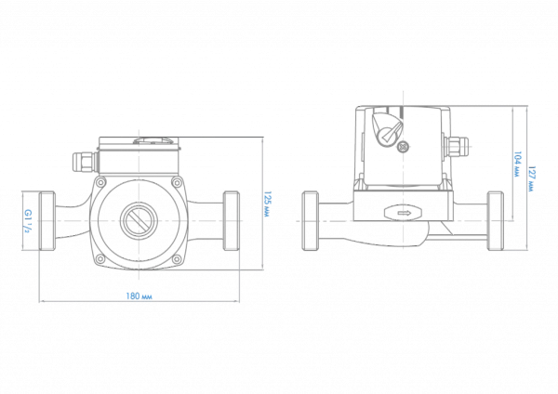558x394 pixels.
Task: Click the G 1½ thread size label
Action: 28,221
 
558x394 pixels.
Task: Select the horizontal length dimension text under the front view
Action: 139,297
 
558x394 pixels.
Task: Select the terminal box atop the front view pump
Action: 138,158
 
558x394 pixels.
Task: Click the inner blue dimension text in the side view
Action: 518,167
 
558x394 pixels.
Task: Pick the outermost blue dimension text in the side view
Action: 533,177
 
